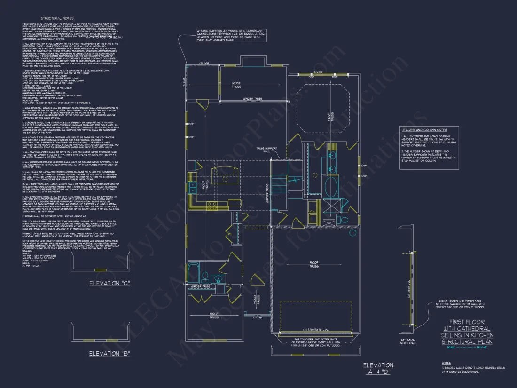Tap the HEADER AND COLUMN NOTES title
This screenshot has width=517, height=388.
423,129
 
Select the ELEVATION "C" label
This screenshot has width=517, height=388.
109,283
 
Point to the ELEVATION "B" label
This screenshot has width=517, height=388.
109,353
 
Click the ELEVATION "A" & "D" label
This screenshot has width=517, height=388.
378,368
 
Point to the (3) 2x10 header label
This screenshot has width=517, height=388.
321,72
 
